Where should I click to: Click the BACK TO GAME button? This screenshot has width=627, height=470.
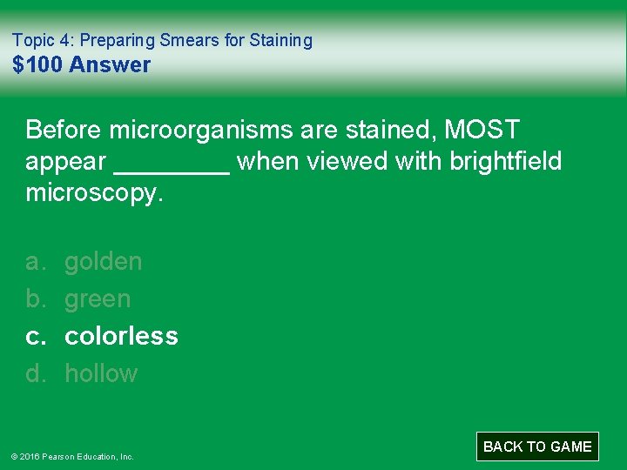tap(537, 446)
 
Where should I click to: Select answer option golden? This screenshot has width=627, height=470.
tap(104, 261)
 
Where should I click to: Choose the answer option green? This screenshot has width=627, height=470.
tap(98, 299)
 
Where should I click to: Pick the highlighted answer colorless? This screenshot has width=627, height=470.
tap(121, 336)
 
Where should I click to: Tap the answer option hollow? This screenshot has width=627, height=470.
tap(101, 373)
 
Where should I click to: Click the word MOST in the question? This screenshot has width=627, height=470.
tap(482, 131)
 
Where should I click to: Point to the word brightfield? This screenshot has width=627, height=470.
tap(506, 162)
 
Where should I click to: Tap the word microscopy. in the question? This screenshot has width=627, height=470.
tap(95, 193)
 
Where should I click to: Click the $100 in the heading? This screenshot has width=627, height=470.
tap(37, 64)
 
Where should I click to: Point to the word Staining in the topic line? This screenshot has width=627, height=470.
tap(280, 40)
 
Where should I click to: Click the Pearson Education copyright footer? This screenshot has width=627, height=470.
tap(71, 456)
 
